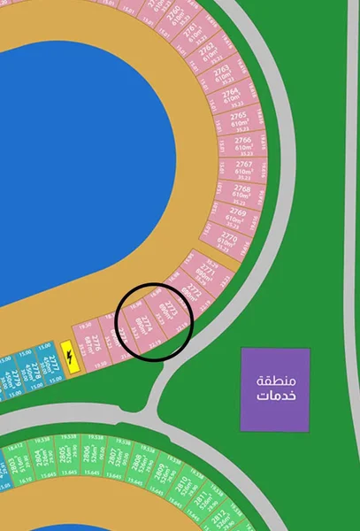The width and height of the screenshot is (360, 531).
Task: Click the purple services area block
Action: click(275, 389)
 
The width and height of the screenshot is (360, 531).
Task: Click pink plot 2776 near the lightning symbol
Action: click(88, 341)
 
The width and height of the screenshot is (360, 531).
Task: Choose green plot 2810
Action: click(182, 486)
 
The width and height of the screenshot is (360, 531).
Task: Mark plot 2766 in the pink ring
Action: click(240, 144)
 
